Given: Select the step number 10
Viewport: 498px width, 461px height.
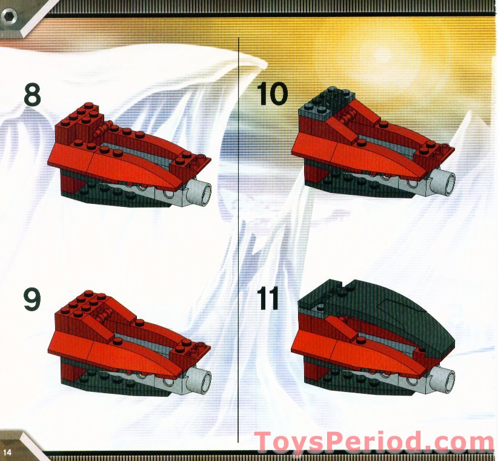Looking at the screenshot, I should point(272,95).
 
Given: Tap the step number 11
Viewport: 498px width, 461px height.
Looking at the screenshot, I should point(268,299).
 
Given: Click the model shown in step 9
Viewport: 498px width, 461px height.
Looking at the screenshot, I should point(130,346).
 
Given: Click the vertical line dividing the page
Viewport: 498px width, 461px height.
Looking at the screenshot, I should point(239,243).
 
